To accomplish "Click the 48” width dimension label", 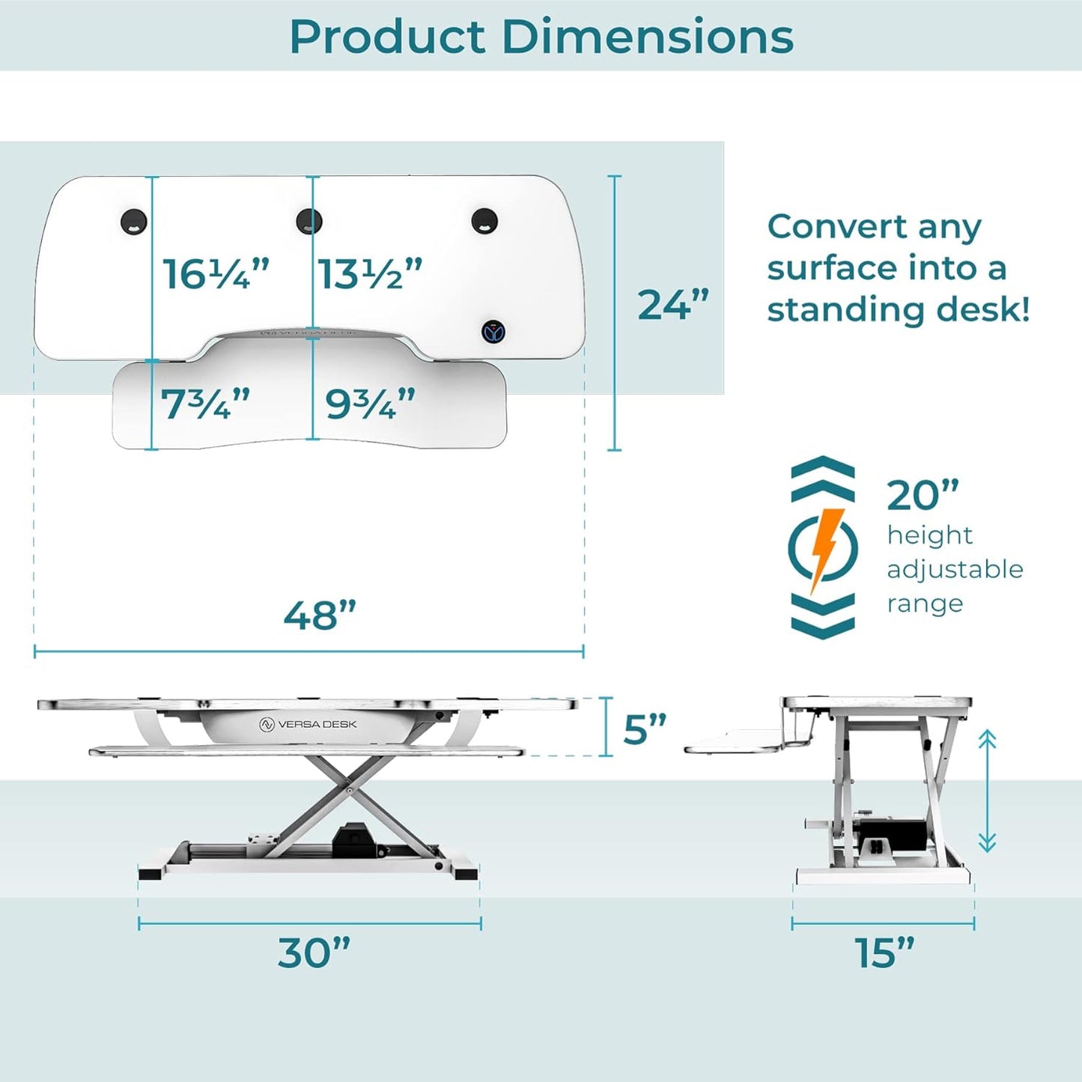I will (320, 616).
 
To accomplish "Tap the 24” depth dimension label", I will (673, 305).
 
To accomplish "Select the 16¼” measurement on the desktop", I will (216, 274).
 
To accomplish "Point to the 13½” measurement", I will (370, 274).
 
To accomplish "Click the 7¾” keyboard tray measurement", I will (205, 404).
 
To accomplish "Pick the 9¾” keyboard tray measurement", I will (370, 404).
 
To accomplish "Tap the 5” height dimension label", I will (645, 729).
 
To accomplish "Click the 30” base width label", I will (314, 953).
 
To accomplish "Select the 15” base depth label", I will (884, 953).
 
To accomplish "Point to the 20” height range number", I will (923, 495).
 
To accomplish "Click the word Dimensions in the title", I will (647, 37).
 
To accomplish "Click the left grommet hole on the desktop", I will (134, 222).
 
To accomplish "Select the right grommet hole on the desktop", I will (484, 221).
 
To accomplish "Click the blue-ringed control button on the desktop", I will (493, 332).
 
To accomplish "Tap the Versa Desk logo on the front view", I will (308, 724).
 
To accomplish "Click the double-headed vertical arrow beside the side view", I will (987, 791).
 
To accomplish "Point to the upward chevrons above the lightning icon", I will (823, 478).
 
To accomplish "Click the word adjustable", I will (955, 570).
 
